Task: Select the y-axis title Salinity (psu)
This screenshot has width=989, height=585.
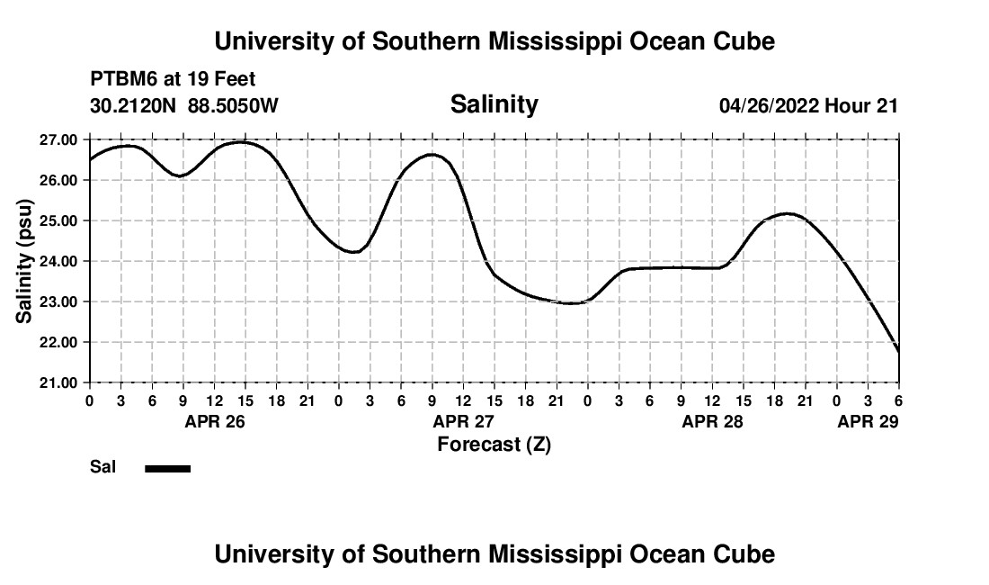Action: click(x=26, y=262)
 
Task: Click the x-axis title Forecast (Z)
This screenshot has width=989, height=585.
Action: click(x=494, y=444)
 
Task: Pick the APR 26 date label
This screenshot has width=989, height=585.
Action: click(x=215, y=421)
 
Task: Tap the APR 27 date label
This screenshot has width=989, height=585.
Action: click(x=464, y=421)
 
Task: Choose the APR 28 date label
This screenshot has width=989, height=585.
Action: click(x=713, y=421)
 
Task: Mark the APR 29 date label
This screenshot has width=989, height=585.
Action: click(x=868, y=421)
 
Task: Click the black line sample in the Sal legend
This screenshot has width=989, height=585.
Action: click(x=167, y=468)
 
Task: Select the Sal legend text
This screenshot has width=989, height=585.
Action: click(x=101, y=468)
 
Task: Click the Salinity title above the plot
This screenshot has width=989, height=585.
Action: click(x=494, y=104)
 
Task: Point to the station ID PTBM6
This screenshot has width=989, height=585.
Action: click(x=120, y=80)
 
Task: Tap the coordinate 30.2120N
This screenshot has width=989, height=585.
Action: click(x=134, y=105)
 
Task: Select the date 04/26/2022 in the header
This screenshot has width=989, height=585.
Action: click(x=769, y=106)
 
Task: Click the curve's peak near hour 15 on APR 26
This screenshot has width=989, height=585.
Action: click(x=243, y=142)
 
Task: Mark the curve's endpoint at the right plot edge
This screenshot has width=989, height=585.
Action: click(x=898, y=350)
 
